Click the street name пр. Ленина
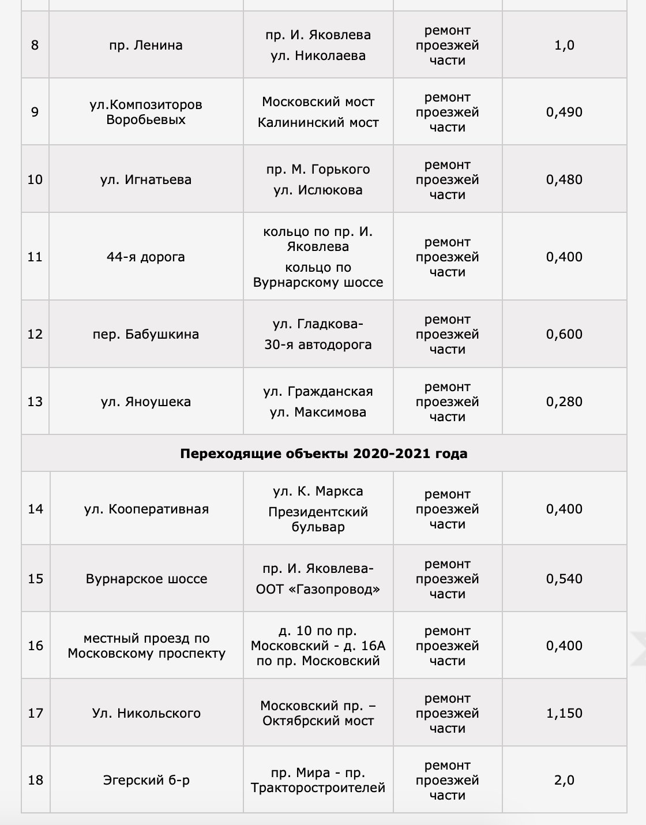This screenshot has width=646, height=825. (145, 45)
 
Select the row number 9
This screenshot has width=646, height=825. (35, 112)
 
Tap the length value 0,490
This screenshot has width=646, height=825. (564, 112)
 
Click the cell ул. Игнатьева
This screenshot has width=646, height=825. (145, 179)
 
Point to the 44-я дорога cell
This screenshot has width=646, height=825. (145, 257)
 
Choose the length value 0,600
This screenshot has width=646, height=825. (564, 334)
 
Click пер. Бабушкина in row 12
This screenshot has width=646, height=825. (145, 334)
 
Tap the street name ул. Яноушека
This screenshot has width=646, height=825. (145, 402)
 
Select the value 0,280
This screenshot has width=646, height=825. (564, 402)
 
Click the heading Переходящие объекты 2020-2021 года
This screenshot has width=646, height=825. (324, 453)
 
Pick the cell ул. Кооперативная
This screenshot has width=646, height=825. (146, 509)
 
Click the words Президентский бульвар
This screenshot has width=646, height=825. (318, 519)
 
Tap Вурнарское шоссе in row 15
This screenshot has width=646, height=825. (146, 579)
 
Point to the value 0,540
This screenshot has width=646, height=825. (564, 579)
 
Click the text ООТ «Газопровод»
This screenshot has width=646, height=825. (318, 590)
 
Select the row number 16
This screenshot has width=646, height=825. (36, 646)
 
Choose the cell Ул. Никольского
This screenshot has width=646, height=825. (146, 713)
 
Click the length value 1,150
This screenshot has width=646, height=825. (564, 713)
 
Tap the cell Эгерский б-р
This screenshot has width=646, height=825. (146, 780)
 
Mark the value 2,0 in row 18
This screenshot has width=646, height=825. (564, 780)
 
